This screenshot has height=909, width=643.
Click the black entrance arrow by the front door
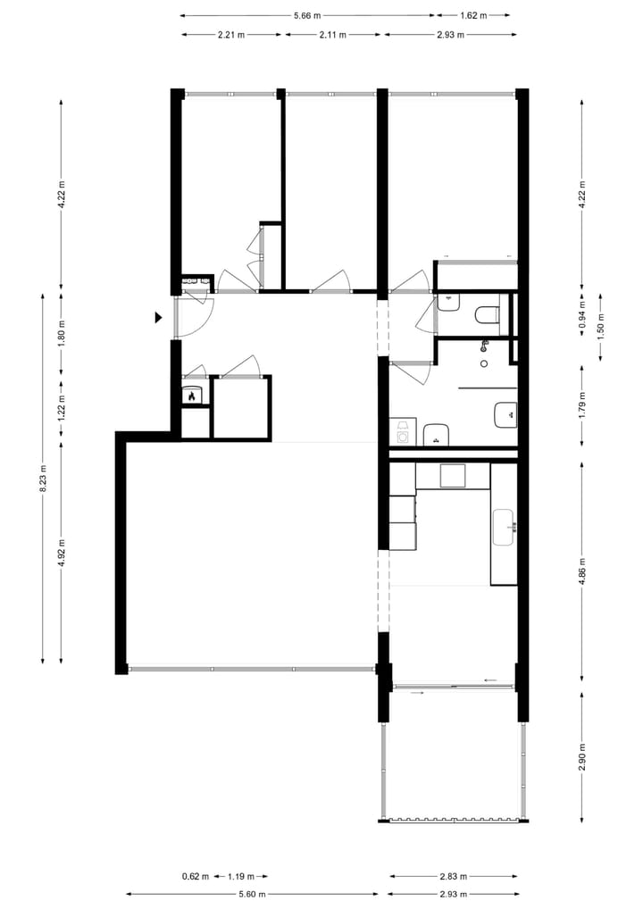tap(158, 317)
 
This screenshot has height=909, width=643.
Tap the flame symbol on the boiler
tap(190, 396)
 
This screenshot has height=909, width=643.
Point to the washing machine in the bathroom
tap(403, 434)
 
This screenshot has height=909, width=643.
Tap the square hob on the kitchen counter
tap(453, 476)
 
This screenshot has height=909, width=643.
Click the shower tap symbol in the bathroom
tap(485, 346)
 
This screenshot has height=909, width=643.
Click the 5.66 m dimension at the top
tap(306, 15)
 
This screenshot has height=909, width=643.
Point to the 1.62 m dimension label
tap(473, 15)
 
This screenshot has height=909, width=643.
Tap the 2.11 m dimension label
tap(332, 34)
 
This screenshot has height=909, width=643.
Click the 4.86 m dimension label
tap(581, 568)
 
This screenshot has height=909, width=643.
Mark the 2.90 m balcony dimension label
tap(581, 758)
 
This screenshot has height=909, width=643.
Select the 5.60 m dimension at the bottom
tap(253, 893)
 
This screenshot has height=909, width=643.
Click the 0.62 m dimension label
tap(195, 876)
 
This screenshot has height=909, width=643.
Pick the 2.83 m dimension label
tap(453, 876)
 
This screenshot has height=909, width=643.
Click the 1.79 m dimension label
tap(581, 404)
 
